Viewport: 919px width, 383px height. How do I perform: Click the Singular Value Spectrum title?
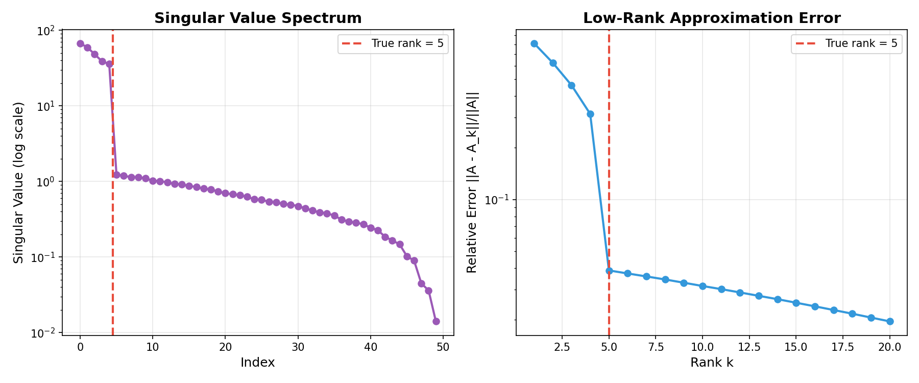click(x=258, y=18)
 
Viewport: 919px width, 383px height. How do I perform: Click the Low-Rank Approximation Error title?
click(x=712, y=18)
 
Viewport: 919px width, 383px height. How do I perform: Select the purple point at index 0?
click(x=80, y=43)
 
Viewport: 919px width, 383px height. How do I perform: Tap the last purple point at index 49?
click(x=436, y=321)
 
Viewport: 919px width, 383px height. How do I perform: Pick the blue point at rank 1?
click(x=534, y=43)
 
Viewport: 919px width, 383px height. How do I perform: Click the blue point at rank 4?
click(x=590, y=114)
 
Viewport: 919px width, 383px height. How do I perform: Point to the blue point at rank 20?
click(x=890, y=321)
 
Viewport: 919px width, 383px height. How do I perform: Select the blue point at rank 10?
click(x=703, y=286)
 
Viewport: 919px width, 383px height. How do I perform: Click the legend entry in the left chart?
click(x=393, y=43)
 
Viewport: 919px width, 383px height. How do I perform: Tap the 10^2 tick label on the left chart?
click(x=46, y=31)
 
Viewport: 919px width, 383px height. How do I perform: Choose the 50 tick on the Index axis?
click(x=443, y=347)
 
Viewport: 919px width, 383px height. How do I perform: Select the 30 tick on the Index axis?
click(x=298, y=347)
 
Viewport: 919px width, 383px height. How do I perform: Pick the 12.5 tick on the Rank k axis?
click(x=749, y=347)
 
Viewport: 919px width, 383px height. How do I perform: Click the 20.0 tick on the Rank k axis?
click(x=890, y=347)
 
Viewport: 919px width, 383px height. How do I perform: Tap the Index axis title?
click(x=258, y=363)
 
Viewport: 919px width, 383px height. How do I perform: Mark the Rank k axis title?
click(x=712, y=363)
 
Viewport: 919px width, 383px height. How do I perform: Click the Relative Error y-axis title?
click(x=472, y=182)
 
